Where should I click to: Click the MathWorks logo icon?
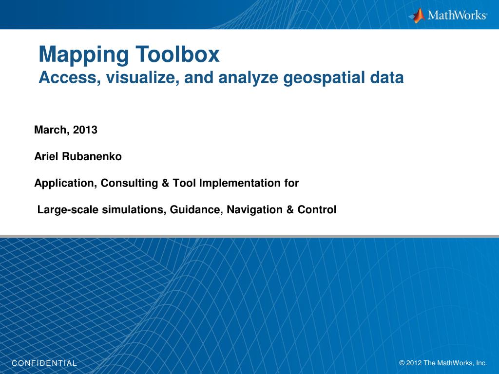point(417,15)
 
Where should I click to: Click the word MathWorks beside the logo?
point(457,16)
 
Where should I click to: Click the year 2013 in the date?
point(87,130)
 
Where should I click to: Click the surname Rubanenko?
point(92,157)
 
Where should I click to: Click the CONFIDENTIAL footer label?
point(44,363)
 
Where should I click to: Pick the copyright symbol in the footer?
point(402,363)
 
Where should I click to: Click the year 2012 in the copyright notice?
point(414,363)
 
